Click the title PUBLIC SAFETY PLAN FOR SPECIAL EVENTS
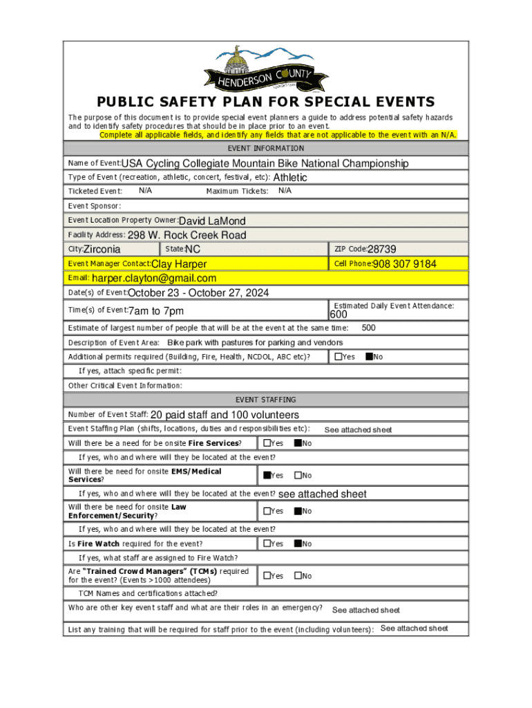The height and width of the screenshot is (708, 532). tap(266, 102)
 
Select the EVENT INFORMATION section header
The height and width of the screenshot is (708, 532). tap(266, 148)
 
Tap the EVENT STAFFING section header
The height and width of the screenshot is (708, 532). tap(266, 400)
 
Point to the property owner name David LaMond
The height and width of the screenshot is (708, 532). tap(212, 221)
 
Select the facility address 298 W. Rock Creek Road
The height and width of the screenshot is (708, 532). tap(187, 235)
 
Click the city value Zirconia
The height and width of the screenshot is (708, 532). tap(102, 250)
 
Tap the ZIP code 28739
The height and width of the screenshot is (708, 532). tap(381, 249)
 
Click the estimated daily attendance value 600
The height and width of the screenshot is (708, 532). tap(343, 315)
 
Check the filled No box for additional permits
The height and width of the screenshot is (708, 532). tap(369, 357)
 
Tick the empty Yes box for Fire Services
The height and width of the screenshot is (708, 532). tap(267, 442)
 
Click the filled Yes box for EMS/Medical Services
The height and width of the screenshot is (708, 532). tap(267, 475)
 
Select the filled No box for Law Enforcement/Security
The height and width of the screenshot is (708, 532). tap(298, 511)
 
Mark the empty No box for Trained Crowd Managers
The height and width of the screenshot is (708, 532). tap(298, 575)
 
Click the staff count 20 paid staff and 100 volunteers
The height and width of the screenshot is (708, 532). tap(225, 415)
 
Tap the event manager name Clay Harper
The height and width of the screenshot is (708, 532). tap(179, 264)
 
